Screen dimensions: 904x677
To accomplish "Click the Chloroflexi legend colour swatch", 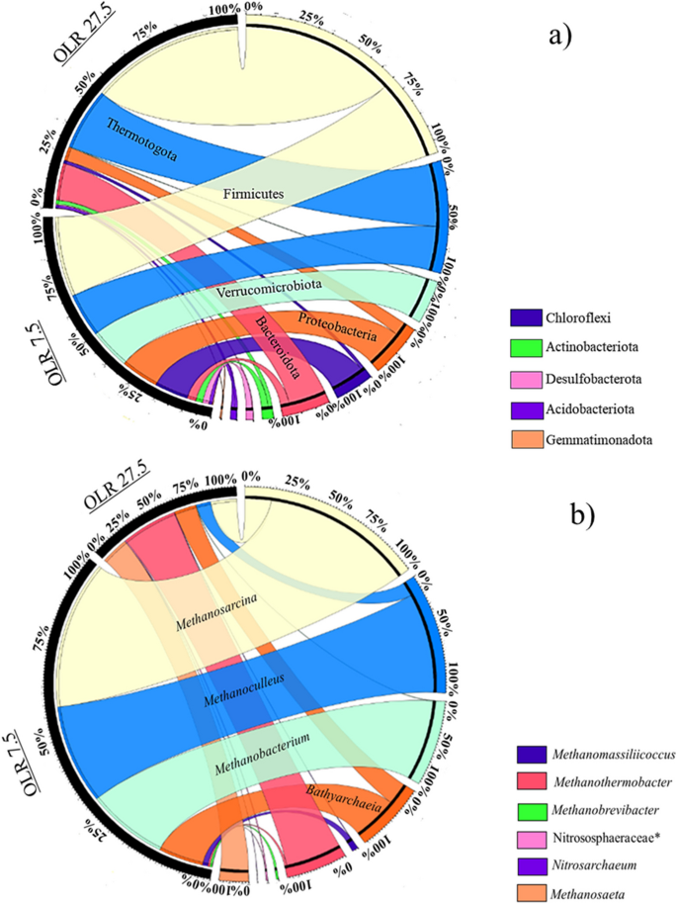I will (529, 319).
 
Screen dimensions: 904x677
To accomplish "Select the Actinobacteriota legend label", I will (597, 345).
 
